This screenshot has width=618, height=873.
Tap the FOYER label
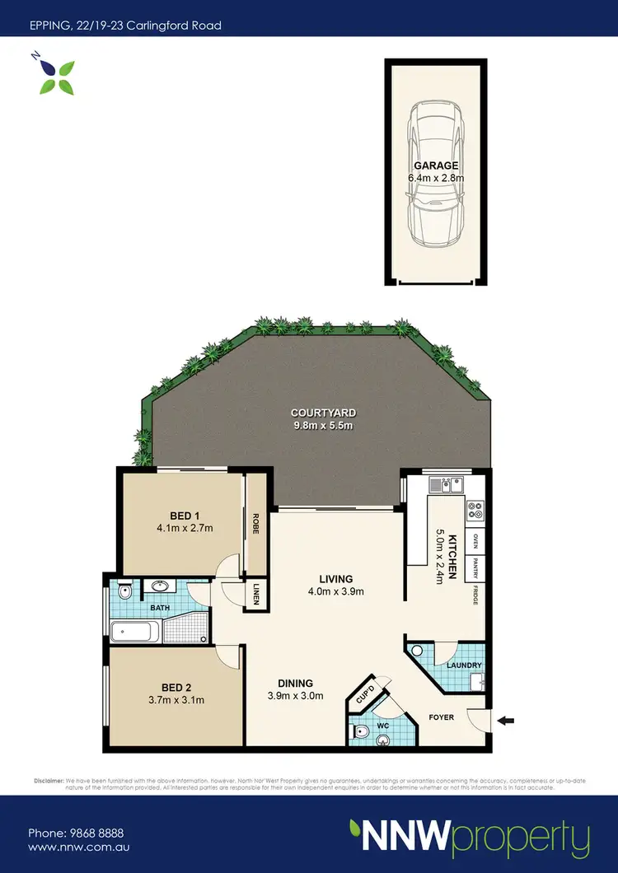point(442,717)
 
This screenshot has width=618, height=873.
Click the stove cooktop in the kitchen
point(475,511)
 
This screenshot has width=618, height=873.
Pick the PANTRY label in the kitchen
point(475,567)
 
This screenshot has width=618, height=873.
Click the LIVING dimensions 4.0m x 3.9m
point(336,591)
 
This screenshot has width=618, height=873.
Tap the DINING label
point(295,683)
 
